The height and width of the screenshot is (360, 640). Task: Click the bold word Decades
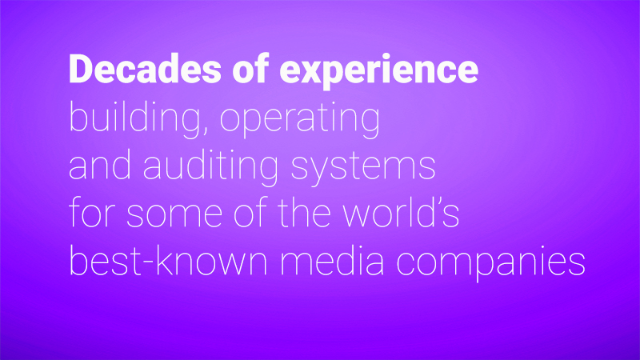(x=145, y=69)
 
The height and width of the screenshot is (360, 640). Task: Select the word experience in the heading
(x=378, y=71)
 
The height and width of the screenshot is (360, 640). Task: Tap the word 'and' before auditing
(x=100, y=165)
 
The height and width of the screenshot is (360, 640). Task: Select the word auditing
(x=210, y=166)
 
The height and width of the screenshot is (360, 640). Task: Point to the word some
(x=174, y=215)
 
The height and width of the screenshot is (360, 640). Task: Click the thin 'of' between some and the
(x=250, y=211)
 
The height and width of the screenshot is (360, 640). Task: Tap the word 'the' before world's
(x=304, y=213)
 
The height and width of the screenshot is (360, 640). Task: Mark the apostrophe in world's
(x=438, y=202)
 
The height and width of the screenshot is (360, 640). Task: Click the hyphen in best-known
(x=149, y=262)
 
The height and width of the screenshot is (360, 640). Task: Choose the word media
(x=331, y=260)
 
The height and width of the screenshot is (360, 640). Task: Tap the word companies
(x=490, y=262)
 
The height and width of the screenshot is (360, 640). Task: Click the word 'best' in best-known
(x=106, y=260)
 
